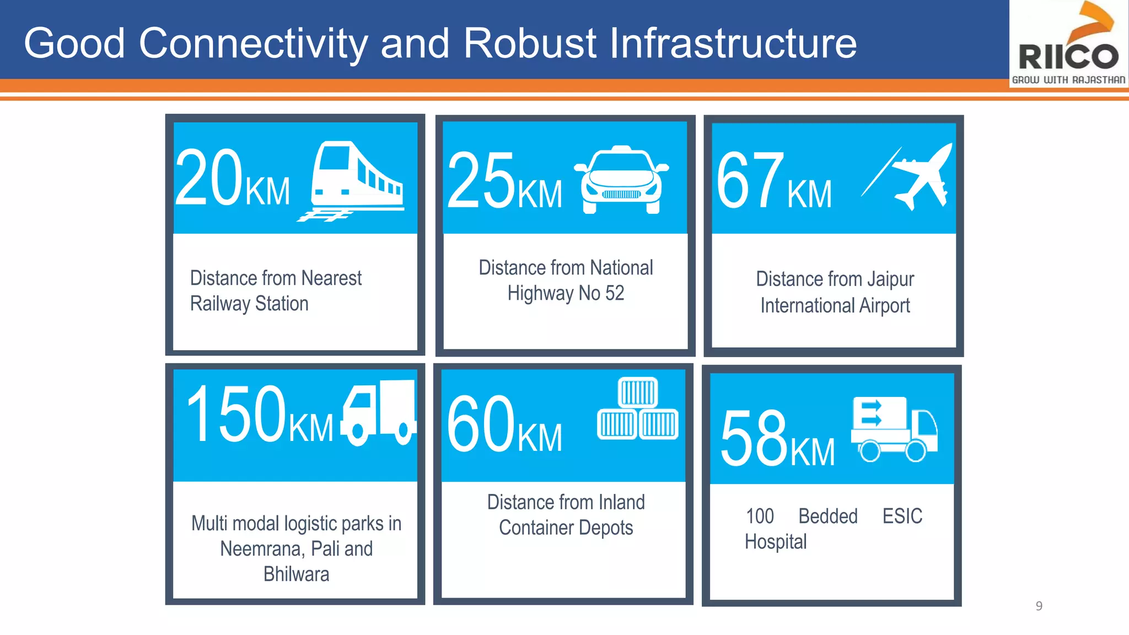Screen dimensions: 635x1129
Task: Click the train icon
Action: (x=356, y=179)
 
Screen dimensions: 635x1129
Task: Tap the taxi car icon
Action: (x=621, y=180)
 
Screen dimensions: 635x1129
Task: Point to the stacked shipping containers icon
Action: (x=638, y=408)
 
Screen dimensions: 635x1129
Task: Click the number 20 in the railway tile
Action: (x=209, y=179)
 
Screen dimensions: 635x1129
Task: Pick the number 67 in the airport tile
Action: (x=750, y=181)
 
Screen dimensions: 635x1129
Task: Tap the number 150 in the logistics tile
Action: (x=236, y=415)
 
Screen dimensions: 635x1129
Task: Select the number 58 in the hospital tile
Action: (x=754, y=438)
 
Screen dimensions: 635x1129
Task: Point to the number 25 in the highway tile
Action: (x=481, y=181)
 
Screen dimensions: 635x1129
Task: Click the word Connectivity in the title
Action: (x=253, y=44)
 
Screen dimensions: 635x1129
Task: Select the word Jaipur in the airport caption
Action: (x=890, y=279)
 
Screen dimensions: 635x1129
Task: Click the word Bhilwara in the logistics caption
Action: (x=296, y=574)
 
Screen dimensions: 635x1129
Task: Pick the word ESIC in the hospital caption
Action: (x=902, y=516)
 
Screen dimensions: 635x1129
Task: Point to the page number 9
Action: (x=1039, y=606)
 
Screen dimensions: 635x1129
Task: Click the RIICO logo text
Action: (x=1068, y=57)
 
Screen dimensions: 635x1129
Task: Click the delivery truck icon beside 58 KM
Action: (x=893, y=429)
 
